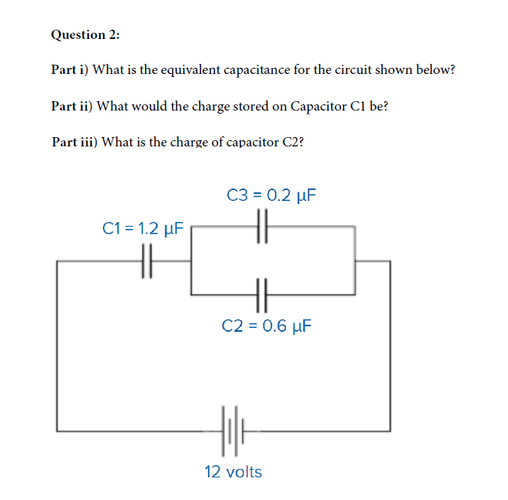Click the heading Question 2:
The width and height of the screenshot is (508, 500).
85,35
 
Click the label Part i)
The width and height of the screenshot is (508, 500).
70,70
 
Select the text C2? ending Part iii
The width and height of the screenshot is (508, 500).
293,142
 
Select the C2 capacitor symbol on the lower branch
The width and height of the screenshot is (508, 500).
262,294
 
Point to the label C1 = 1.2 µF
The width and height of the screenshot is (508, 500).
143,229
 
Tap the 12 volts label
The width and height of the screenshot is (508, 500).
233,472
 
